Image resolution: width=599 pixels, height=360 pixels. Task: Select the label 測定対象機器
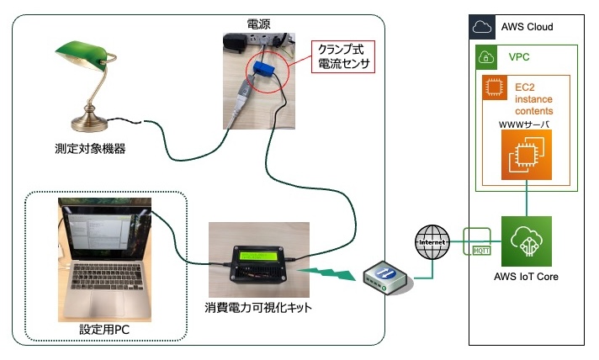point(87,151)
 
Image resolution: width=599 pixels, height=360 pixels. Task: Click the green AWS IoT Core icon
point(526,241)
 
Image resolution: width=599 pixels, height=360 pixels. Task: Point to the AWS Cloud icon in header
point(481,26)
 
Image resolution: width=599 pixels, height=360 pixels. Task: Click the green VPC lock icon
point(488,56)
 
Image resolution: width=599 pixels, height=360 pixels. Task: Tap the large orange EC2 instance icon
point(526,157)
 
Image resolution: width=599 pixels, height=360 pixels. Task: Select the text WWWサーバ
point(526,125)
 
